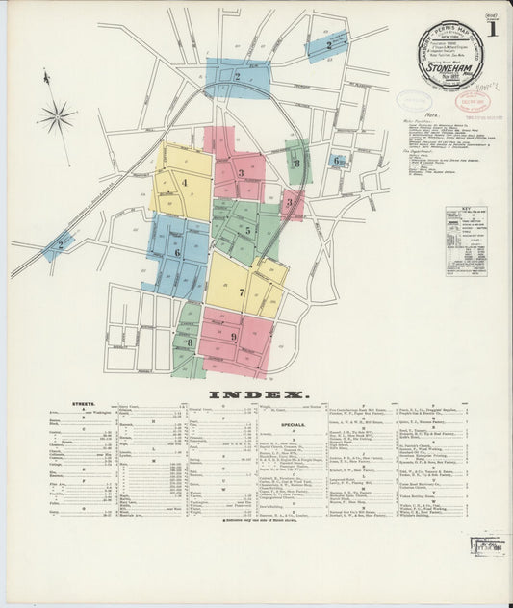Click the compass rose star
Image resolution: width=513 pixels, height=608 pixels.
(56, 116)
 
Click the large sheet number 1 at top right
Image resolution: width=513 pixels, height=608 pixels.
(492, 29)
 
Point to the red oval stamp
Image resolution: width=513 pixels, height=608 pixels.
(472, 101)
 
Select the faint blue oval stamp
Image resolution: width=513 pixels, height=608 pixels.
(414, 100)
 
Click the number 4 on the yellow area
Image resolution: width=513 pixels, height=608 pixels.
(183, 181)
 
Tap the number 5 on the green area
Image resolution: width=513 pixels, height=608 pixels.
(247, 230)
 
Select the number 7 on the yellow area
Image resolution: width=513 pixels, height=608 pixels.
(241, 291)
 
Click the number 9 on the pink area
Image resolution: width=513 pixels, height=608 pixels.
(233, 337)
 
